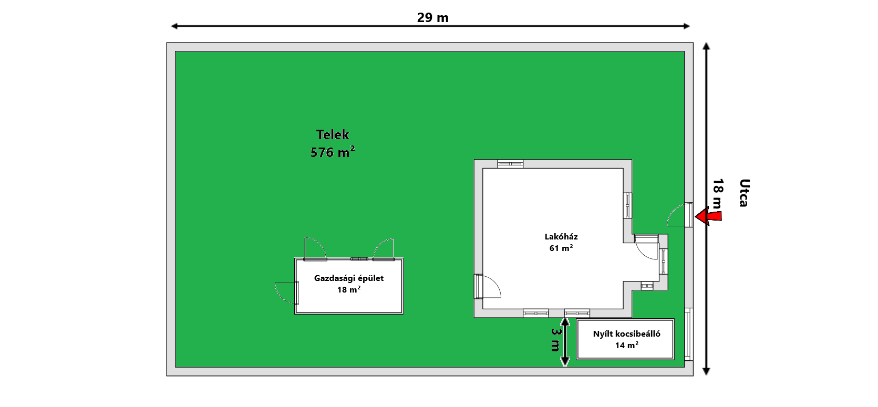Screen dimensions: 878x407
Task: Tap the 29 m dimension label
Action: (x=433, y=18)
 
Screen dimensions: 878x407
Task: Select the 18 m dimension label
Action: (x=718, y=194)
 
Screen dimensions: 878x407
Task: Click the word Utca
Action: (x=744, y=193)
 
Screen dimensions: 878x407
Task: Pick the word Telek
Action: (x=333, y=135)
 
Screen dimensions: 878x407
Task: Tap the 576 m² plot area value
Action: (x=333, y=152)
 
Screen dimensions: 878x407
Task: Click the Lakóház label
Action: (x=561, y=237)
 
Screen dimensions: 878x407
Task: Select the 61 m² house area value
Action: (x=561, y=248)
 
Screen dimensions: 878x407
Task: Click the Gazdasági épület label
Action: (x=348, y=278)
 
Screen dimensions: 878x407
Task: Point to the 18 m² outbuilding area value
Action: (x=348, y=289)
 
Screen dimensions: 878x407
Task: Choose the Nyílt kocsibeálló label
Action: (x=626, y=334)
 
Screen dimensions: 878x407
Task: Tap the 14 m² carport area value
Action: (x=626, y=345)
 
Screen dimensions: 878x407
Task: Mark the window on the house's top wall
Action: (x=510, y=164)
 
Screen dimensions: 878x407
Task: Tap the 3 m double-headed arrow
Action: (x=565, y=342)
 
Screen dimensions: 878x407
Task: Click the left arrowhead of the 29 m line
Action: (x=174, y=26)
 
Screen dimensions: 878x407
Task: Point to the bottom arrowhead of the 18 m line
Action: (x=706, y=371)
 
